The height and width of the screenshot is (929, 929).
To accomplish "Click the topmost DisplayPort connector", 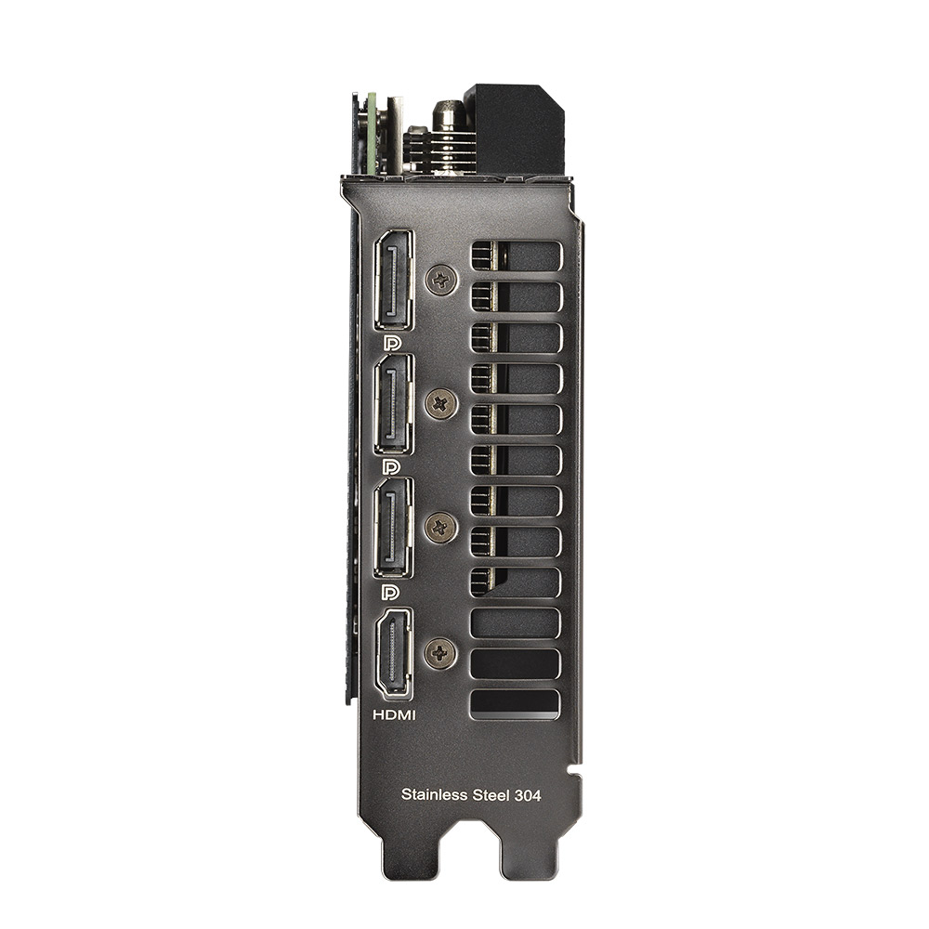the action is coord(394,280).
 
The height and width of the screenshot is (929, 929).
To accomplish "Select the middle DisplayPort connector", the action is coord(394,404).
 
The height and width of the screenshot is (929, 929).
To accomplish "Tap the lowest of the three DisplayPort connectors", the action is coord(394,528).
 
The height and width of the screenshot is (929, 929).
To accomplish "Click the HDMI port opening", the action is coord(393,653).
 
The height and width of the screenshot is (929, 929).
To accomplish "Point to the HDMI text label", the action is coord(394,715).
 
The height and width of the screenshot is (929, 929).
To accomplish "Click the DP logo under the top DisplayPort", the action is coord(392,343).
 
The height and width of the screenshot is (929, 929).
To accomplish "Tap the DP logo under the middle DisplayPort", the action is coord(392,467).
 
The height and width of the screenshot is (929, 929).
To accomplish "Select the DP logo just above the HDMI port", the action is coord(392,591).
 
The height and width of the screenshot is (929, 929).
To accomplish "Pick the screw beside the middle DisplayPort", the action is coord(441,403).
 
